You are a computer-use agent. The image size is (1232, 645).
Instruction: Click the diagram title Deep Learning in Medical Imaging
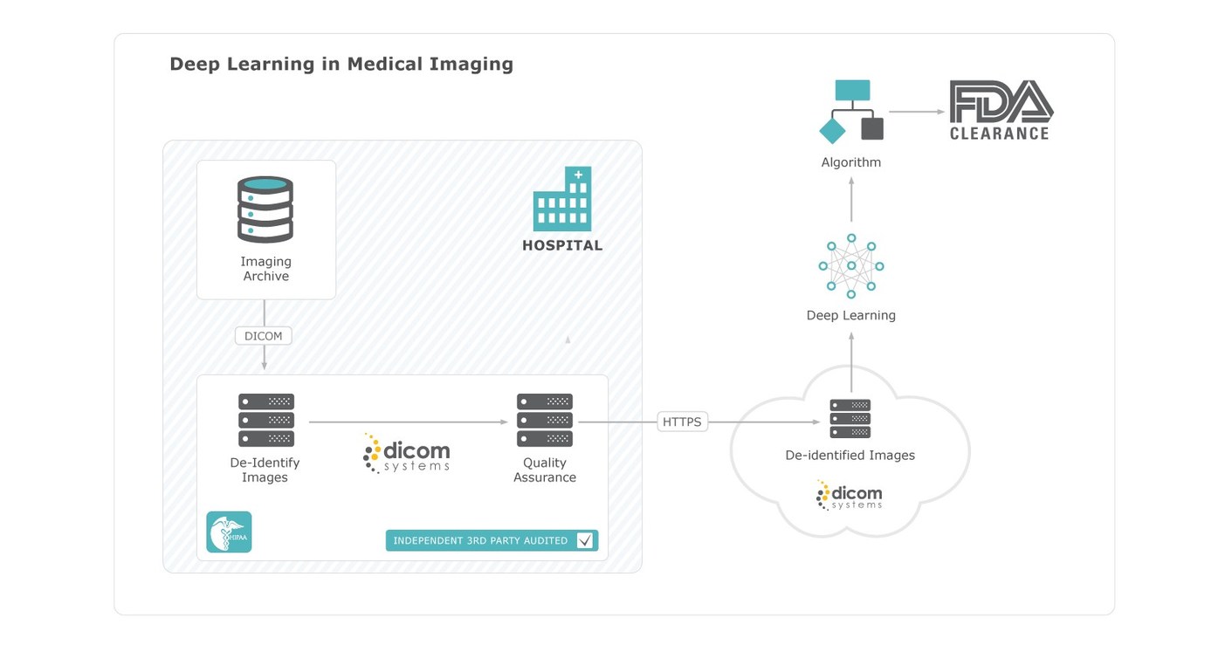[x=341, y=64]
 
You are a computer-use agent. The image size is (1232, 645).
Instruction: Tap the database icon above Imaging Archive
[x=265, y=209]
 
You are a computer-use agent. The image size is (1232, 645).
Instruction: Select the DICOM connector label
[x=263, y=336]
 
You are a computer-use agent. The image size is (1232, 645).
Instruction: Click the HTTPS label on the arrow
[x=682, y=422]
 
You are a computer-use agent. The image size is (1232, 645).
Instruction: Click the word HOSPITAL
[x=562, y=245]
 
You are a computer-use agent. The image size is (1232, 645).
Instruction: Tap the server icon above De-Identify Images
[x=265, y=420]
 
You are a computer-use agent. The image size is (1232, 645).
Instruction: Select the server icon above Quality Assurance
[x=544, y=420]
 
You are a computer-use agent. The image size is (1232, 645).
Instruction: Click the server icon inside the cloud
[x=850, y=418]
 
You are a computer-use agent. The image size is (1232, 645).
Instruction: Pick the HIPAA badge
[x=229, y=532]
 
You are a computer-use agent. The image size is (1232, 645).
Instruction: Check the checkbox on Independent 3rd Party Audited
[x=585, y=540]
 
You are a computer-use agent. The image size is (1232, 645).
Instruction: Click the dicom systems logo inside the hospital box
[x=406, y=454]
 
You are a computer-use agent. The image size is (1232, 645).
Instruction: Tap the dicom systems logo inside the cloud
[x=849, y=495]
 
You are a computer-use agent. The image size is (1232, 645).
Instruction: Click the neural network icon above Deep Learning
[x=850, y=266]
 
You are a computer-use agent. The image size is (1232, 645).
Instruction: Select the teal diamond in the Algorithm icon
[x=832, y=131]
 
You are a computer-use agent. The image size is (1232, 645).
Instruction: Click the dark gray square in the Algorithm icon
[x=871, y=129]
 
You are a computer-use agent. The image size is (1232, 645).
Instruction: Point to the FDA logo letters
[x=1001, y=101]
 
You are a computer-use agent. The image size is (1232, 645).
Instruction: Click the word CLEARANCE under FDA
[x=999, y=134]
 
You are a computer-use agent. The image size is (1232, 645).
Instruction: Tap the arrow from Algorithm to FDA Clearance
[x=916, y=112]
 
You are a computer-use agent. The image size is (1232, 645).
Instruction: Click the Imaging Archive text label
[x=265, y=269]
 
